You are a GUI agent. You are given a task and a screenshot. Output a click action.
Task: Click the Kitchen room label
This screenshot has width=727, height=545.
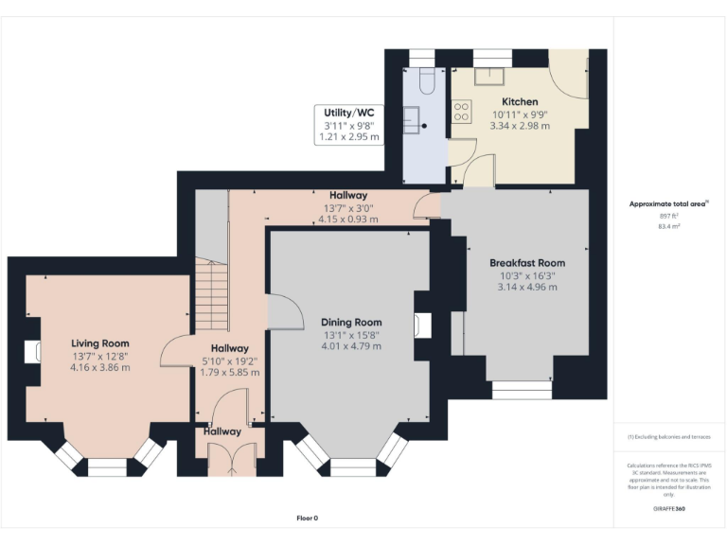click(x=520, y=101)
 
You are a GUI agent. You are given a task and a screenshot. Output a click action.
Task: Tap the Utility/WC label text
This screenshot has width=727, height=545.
click(x=347, y=112)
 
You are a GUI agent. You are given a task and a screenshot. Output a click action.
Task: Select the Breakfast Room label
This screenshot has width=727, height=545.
click(x=527, y=262)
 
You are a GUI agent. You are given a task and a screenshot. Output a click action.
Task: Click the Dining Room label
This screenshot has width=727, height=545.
click(x=351, y=322)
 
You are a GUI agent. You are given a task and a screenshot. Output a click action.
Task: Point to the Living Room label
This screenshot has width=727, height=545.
click(x=100, y=343)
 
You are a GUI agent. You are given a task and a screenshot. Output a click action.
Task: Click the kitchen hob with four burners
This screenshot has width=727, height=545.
click(x=462, y=112)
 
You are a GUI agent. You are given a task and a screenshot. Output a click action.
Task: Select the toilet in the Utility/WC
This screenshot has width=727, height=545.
click(x=422, y=80)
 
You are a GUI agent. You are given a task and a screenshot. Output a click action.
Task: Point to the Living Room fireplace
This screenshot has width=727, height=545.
click(x=35, y=352)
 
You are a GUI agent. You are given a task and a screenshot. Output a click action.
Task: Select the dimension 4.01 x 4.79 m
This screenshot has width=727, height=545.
click(x=351, y=346)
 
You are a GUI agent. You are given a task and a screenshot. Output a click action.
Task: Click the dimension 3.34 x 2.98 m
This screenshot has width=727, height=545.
click(x=520, y=126)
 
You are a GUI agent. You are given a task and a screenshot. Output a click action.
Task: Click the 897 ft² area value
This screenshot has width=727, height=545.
click(x=669, y=216)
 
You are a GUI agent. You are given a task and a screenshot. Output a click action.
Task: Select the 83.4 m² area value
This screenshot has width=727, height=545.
click(x=669, y=227)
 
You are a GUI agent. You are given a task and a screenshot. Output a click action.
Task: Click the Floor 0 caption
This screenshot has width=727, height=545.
click(x=307, y=518)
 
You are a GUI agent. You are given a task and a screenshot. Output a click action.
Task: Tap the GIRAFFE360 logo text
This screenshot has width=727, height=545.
click(x=669, y=510)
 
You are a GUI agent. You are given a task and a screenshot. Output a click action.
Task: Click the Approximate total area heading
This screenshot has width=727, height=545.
click(x=668, y=203)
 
